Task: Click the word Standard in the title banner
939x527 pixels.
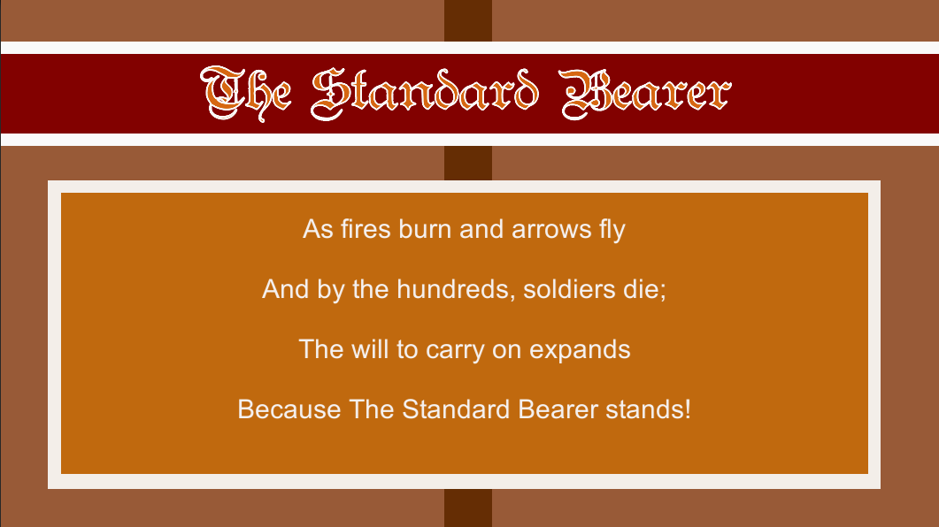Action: [424, 93]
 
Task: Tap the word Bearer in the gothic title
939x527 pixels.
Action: [647, 93]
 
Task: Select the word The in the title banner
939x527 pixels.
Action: [247, 93]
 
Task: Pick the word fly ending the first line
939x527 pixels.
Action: [606, 230]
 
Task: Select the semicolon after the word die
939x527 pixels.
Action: [663, 291]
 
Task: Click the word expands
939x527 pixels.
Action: [580, 350]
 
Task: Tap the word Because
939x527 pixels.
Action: [289, 410]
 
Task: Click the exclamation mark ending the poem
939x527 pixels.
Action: [687, 410]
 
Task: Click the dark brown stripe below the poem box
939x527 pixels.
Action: [467, 508]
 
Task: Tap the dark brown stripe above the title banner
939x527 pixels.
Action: [467, 19]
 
